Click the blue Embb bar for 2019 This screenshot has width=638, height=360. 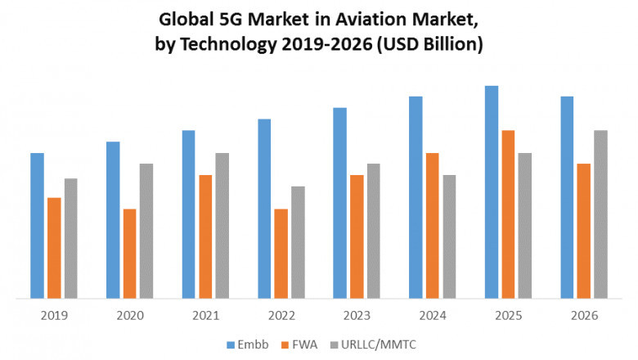pos(37,226)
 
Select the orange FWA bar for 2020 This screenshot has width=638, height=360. pos(130,254)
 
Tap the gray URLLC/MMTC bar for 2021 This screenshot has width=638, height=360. pos(222,226)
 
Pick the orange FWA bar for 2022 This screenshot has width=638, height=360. pos(281,254)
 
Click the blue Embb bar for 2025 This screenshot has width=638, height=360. pos(492,192)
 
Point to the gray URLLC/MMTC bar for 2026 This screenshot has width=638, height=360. pos(600,214)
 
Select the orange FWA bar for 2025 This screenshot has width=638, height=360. pos(508,214)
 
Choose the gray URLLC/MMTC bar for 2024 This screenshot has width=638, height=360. pos(449,236)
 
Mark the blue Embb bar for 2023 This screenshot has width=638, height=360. pos(339,203)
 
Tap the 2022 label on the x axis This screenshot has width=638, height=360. pos(281,315)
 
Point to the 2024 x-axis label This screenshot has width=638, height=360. pos(432,315)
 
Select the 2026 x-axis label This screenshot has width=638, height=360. pos(584,315)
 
